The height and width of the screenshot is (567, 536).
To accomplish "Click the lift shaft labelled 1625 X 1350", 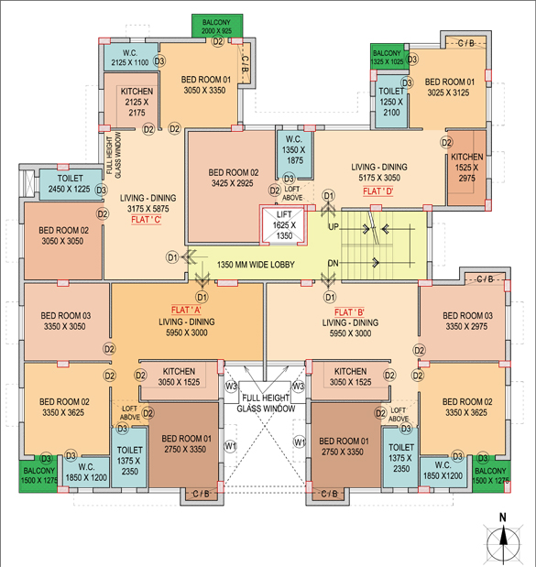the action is coord(283,225).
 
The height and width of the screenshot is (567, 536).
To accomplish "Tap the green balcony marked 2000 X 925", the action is coord(217,26).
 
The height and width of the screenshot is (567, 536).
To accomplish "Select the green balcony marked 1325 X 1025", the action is coord(388,56).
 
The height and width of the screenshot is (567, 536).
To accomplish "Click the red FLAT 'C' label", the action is coord(146,220).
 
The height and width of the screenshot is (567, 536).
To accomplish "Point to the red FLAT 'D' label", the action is coord(378,191).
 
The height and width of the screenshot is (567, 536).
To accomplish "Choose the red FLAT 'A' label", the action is coord(186,310).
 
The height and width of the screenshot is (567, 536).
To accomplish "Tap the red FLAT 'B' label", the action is coord(349,312).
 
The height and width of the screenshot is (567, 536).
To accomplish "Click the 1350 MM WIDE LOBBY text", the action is coord(256,265).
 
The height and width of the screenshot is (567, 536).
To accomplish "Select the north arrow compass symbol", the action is coord(503,539).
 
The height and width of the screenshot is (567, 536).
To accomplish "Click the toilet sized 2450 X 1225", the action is coord(71,184).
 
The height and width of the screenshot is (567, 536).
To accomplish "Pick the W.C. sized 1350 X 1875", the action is coord(294,154).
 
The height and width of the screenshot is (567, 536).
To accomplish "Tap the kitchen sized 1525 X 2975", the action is coord(467,168).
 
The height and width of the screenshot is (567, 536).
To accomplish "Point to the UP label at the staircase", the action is coord(334,227).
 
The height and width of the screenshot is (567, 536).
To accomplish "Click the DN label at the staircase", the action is coord(333,263).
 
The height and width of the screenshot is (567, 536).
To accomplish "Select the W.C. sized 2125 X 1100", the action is coord(130,57).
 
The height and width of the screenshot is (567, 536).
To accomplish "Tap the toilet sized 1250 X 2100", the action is coord(391,102).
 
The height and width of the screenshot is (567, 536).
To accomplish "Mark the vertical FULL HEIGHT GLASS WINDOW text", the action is coord(114,155).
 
